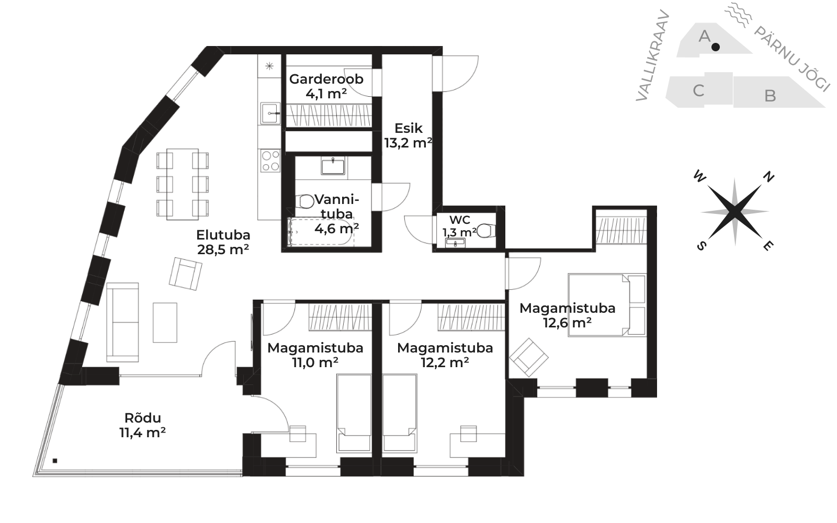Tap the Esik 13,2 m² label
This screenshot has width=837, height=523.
point(409,135)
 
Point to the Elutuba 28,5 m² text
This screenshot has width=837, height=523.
point(223,242)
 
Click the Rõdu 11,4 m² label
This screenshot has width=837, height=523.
point(143,425)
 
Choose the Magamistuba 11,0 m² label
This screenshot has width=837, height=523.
point(315,355)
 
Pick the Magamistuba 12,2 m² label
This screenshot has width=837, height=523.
point(445,355)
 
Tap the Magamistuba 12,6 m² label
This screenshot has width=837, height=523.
point(567,315)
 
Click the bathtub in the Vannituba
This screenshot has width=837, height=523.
point(321,232)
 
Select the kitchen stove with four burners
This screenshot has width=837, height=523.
point(270,160)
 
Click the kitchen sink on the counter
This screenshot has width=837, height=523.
point(270,113)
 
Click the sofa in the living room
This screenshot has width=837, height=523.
point(122,322)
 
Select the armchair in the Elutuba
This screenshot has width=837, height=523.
point(185,274)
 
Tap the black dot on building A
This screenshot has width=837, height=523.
point(716,47)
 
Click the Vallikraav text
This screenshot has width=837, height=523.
point(652,55)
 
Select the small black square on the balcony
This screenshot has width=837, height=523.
point(55,461)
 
